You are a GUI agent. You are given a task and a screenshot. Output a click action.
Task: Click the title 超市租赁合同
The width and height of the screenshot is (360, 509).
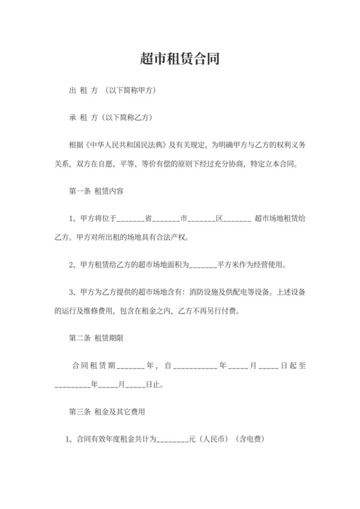(x=180, y=60)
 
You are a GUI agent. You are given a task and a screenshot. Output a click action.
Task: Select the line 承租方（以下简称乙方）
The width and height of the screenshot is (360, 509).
(x=110, y=118)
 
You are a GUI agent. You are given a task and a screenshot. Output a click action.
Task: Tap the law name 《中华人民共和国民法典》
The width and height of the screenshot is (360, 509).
(x=120, y=146)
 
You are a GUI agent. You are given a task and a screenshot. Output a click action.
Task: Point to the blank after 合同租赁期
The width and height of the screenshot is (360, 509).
(x=132, y=366)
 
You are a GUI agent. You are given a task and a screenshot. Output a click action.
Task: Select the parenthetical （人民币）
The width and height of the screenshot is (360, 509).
(x=212, y=440)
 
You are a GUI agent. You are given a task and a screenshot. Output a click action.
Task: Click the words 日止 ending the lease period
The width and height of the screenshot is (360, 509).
(x=154, y=386)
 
